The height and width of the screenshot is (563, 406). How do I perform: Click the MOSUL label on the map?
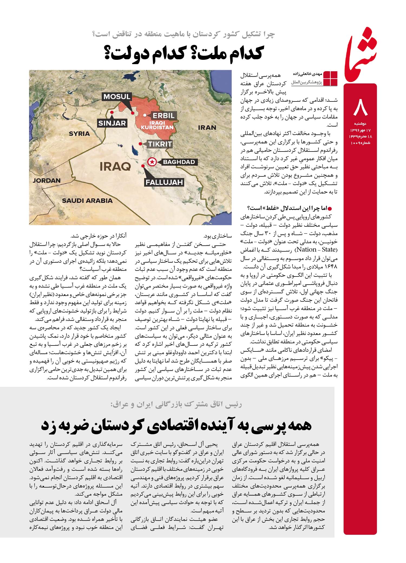tap(117, 97)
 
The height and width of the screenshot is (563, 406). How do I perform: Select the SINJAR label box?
tap(112, 123)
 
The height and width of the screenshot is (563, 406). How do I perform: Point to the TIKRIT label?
tap(160, 144)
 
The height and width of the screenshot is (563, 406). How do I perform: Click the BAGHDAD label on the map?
tap(179, 162)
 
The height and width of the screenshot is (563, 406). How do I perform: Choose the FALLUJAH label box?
tap(164, 182)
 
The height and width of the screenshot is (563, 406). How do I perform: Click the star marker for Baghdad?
tap(152, 162)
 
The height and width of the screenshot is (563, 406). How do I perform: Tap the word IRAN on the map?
tap(207, 127)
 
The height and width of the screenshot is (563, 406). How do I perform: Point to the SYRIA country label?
tap(79, 133)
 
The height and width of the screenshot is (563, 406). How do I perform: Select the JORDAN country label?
tap(47, 180)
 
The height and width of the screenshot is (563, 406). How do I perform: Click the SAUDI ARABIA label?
tap(87, 200)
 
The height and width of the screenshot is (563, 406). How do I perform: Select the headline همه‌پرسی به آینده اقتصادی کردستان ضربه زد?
tap(176, 425)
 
